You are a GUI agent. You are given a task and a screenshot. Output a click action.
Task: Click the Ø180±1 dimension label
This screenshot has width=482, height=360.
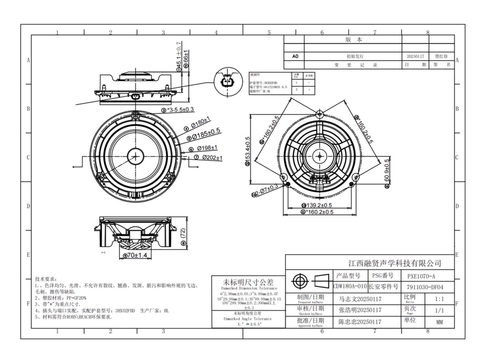click(200, 123)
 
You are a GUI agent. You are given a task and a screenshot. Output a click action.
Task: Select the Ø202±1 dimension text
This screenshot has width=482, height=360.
click(212, 158)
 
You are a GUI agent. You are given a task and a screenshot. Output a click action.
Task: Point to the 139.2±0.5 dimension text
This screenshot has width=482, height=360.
click(319, 205)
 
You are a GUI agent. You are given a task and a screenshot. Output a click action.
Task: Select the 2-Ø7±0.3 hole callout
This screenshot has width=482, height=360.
click(266, 191)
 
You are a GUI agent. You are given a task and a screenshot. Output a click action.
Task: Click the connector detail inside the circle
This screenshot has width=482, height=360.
click(228, 80)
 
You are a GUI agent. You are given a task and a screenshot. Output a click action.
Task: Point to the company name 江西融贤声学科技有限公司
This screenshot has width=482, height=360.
click(395, 263)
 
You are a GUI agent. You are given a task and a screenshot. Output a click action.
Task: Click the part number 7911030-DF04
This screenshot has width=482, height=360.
click(427, 287)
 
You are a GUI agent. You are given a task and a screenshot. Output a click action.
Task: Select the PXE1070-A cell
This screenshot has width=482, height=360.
click(423, 276)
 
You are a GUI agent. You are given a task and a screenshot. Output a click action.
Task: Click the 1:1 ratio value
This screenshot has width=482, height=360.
click(439, 299)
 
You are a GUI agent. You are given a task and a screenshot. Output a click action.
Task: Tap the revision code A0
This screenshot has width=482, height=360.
click(295, 56)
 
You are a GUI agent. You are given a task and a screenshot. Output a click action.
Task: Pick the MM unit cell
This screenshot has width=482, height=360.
click(439, 322)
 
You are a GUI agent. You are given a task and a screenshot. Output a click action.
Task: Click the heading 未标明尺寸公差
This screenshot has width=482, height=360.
click(249, 282)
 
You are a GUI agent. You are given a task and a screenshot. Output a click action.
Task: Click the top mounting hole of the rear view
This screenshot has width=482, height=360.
click(320, 114)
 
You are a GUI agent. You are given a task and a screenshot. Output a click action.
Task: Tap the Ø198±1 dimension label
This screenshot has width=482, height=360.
click(207, 148)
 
